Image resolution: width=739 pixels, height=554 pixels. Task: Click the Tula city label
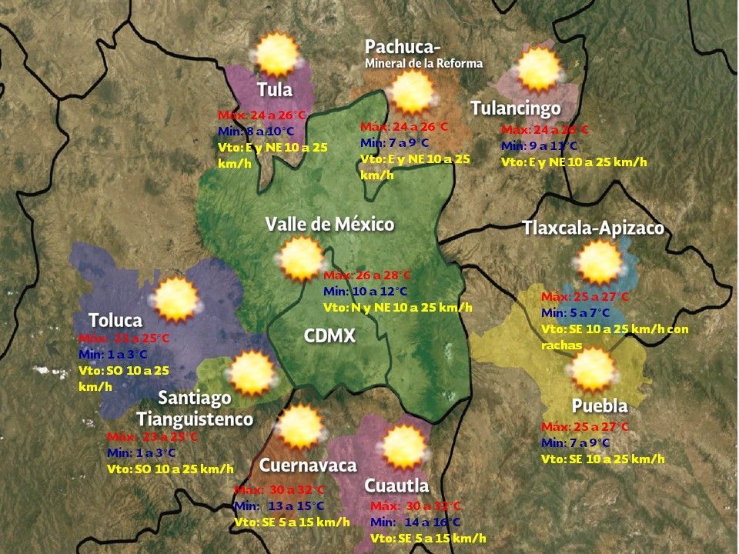275,89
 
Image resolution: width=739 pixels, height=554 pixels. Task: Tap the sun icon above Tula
276,53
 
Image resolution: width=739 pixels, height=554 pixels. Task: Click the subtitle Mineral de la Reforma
423,63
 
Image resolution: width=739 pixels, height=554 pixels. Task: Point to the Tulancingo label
515,108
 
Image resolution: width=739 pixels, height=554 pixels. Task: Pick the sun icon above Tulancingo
538,70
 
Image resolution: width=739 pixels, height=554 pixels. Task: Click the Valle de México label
329,224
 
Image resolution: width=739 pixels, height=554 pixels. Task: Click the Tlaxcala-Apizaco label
593,228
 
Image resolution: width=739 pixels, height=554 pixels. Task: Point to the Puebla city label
600,405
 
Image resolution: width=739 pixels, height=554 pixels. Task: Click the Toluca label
115,320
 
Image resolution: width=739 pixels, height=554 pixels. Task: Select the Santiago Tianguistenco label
195,409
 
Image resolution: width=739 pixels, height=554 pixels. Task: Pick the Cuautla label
396,486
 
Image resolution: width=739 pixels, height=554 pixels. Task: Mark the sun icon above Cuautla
403,447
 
